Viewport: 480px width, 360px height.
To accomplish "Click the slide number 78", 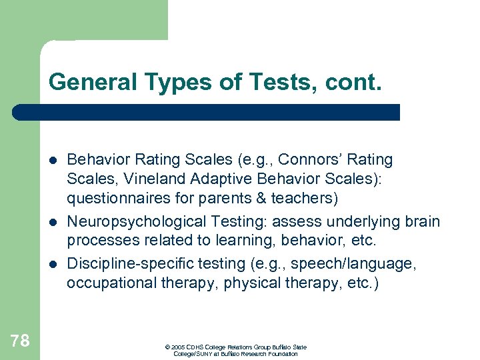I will (x=20, y=341).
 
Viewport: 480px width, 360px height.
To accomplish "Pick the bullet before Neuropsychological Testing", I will (x=53, y=222).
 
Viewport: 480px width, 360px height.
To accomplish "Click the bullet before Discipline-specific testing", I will (x=53, y=265).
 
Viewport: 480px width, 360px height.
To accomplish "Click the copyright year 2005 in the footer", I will (x=178, y=347).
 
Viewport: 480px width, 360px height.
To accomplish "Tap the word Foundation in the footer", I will (x=283, y=354).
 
